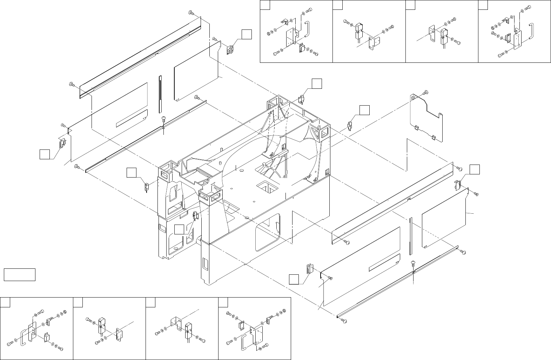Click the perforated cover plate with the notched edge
[426, 116]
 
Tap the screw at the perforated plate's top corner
[425, 92]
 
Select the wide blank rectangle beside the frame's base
[20, 275]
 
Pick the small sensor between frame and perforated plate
[350, 125]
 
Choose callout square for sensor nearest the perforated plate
[364, 110]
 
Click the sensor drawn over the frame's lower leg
[195, 215]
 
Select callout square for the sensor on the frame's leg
[179, 229]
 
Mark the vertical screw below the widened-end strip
[163, 121]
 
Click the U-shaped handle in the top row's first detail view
[307, 29]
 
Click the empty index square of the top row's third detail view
[411, 5]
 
